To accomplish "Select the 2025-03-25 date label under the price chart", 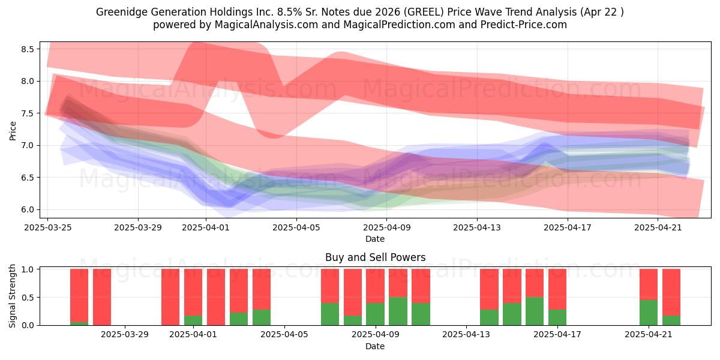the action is click(x=48, y=227).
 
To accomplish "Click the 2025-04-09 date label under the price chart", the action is click(x=386, y=227).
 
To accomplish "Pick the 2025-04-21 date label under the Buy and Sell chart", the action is click(x=649, y=335).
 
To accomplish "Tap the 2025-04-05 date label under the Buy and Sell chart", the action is click(x=284, y=335).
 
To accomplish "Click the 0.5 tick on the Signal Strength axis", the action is click(x=28, y=298).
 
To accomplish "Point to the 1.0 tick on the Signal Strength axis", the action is click(x=28, y=269).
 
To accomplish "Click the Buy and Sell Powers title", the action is click(x=375, y=257).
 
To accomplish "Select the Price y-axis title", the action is click(x=13, y=131).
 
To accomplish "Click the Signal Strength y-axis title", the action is click(x=12, y=296).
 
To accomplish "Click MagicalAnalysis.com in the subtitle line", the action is click(x=266, y=25).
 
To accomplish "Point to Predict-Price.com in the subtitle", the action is click(x=523, y=25).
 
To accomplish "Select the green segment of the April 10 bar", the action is click(x=398, y=311).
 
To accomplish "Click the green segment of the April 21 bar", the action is click(x=649, y=313).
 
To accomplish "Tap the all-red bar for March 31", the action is click(x=170, y=298).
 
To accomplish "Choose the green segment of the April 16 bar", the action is click(x=535, y=311).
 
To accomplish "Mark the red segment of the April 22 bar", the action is click(x=671, y=292).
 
